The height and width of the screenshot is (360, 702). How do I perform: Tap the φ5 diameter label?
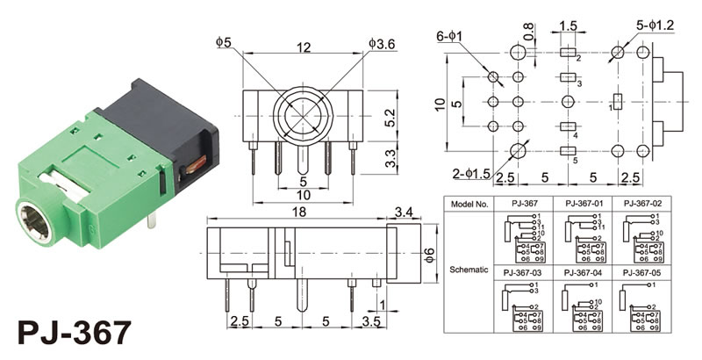point(226,41)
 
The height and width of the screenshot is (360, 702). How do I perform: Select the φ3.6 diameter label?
point(383,41)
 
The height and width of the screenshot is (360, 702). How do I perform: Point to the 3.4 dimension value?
point(405,212)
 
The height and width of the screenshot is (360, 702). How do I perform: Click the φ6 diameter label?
point(429,255)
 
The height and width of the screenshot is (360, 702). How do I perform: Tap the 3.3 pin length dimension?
point(392,159)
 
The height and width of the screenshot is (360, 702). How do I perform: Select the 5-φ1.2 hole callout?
point(655,25)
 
